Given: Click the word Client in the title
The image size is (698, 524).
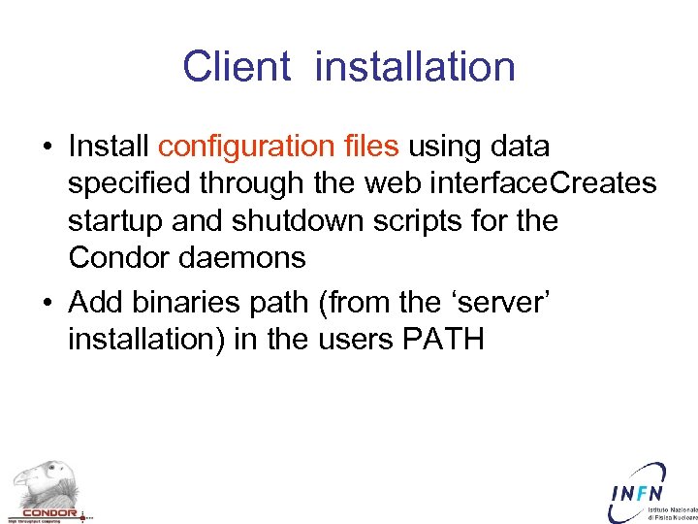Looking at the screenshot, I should point(236,67).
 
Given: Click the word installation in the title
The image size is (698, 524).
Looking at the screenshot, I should point(415,67).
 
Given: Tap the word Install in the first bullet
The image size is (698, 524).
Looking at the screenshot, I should point(109,147).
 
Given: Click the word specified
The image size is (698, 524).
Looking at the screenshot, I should point(126,183).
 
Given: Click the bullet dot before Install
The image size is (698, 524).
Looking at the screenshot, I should point(47,147).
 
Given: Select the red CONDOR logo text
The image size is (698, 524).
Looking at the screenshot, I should point(48,513).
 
